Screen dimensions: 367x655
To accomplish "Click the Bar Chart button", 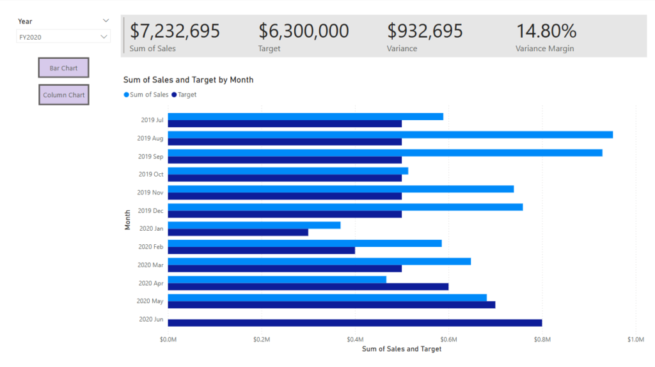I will pyautogui.click(x=63, y=68).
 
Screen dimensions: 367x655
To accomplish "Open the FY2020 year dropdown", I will pyautogui.click(x=63, y=37).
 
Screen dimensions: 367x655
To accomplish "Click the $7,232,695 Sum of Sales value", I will pyautogui.click(x=175, y=31).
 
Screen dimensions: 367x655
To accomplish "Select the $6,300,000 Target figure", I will pyautogui.click(x=304, y=31).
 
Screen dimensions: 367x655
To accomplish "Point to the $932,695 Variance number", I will pyautogui.click(x=425, y=31).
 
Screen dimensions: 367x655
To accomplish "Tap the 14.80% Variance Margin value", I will pyautogui.click(x=546, y=31).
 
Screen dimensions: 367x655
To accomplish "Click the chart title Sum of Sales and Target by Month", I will pyautogui.click(x=188, y=80).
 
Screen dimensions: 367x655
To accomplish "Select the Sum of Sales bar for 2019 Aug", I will pyautogui.click(x=390, y=134).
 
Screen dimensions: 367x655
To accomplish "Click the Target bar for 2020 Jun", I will pyautogui.click(x=355, y=323).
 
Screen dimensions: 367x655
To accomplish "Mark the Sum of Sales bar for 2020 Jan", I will pyautogui.click(x=254, y=225).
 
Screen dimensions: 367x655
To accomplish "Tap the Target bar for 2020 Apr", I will pyautogui.click(x=308, y=286).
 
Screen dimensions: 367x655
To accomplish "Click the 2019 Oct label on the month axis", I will pyautogui.click(x=151, y=174).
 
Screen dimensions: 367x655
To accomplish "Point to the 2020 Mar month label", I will pyautogui.click(x=151, y=265).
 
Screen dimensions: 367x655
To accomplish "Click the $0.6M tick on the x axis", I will pyautogui.click(x=448, y=339).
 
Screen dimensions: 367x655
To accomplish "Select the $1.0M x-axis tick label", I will pyautogui.click(x=635, y=339).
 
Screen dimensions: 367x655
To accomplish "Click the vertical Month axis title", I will pyautogui.click(x=128, y=219).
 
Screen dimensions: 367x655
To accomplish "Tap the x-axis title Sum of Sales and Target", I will pyautogui.click(x=402, y=349).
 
